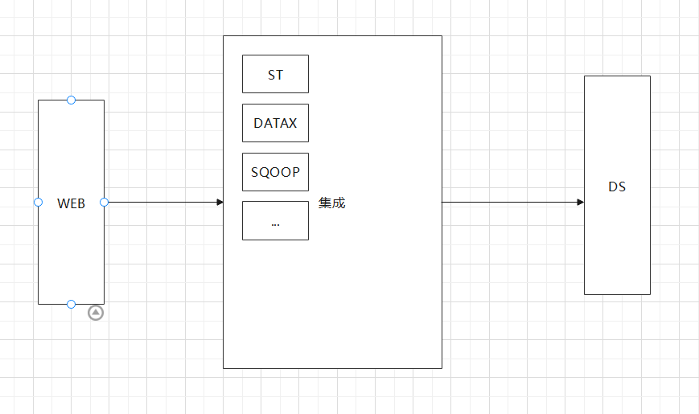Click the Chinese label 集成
[x=331, y=203]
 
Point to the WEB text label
[x=71, y=203]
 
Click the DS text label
[x=617, y=187]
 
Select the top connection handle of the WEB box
[x=71, y=100]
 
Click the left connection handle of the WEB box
[x=38, y=202]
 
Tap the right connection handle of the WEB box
[x=104, y=202]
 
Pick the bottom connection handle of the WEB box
[x=71, y=304]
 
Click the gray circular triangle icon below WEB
[x=96, y=313]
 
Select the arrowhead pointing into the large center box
[x=220, y=202]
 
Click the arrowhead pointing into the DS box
[x=580, y=202]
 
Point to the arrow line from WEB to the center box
[x=161, y=202]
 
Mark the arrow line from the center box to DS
[x=511, y=202]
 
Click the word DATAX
[x=275, y=124]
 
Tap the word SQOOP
[x=275, y=172]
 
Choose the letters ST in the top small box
[x=275, y=76]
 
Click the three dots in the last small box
[x=275, y=223]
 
